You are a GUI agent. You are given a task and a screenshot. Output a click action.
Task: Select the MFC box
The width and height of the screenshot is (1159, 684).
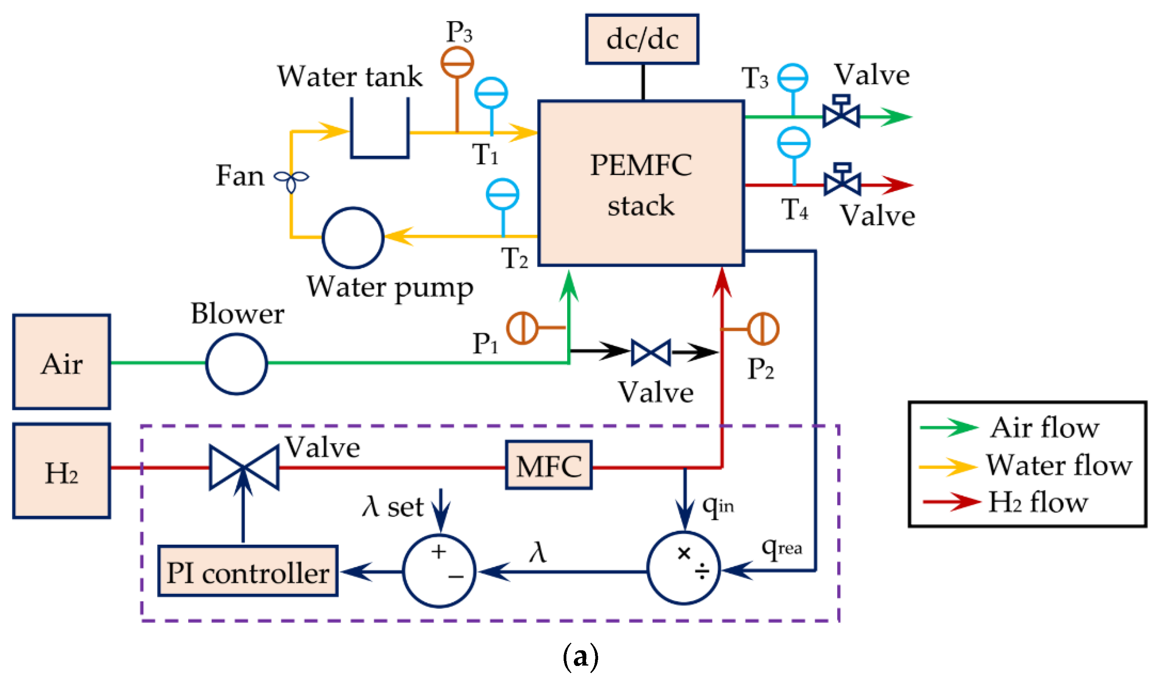tap(548, 465)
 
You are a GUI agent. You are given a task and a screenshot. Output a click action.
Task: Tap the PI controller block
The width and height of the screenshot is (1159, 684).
tap(248, 571)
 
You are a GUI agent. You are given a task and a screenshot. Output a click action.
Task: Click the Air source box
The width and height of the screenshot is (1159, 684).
tap(61, 362)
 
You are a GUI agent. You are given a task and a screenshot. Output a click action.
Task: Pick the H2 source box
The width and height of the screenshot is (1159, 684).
tap(61, 471)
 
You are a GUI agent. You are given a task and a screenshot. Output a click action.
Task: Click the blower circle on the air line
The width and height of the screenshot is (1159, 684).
tap(236, 364)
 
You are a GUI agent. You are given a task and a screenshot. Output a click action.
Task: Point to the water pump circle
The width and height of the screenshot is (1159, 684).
tap(352, 237)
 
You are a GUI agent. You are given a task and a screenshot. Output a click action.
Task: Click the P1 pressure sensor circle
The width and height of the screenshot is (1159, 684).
tap(522, 328)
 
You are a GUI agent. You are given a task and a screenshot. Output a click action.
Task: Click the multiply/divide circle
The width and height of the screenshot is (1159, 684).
tap(683, 568)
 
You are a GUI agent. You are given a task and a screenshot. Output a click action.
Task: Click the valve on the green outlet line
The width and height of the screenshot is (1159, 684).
tap(841, 113)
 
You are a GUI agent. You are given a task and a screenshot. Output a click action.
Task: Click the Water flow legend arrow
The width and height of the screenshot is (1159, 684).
tap(947, 466)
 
